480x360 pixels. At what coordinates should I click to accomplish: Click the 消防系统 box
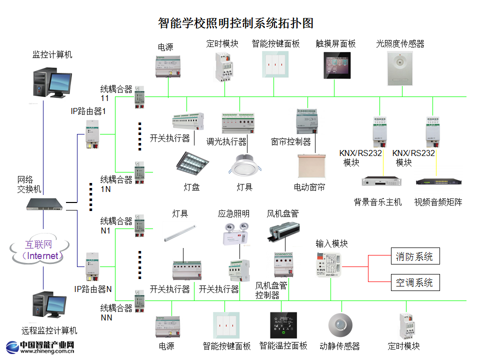click(414, 256)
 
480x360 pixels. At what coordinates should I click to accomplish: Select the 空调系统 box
click(414, 282)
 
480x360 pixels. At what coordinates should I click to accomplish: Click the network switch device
click(45, 203)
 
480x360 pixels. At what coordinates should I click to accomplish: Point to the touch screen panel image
click(336, 65)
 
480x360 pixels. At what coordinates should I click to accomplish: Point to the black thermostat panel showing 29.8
click(283, 325)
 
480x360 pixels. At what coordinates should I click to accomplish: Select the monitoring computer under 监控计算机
click(52, 82)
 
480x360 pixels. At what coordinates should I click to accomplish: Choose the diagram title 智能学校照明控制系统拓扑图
click(235, 23)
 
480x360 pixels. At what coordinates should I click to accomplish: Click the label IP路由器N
click(93, 289)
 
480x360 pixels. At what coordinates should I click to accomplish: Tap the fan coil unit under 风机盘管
click(283, 231)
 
